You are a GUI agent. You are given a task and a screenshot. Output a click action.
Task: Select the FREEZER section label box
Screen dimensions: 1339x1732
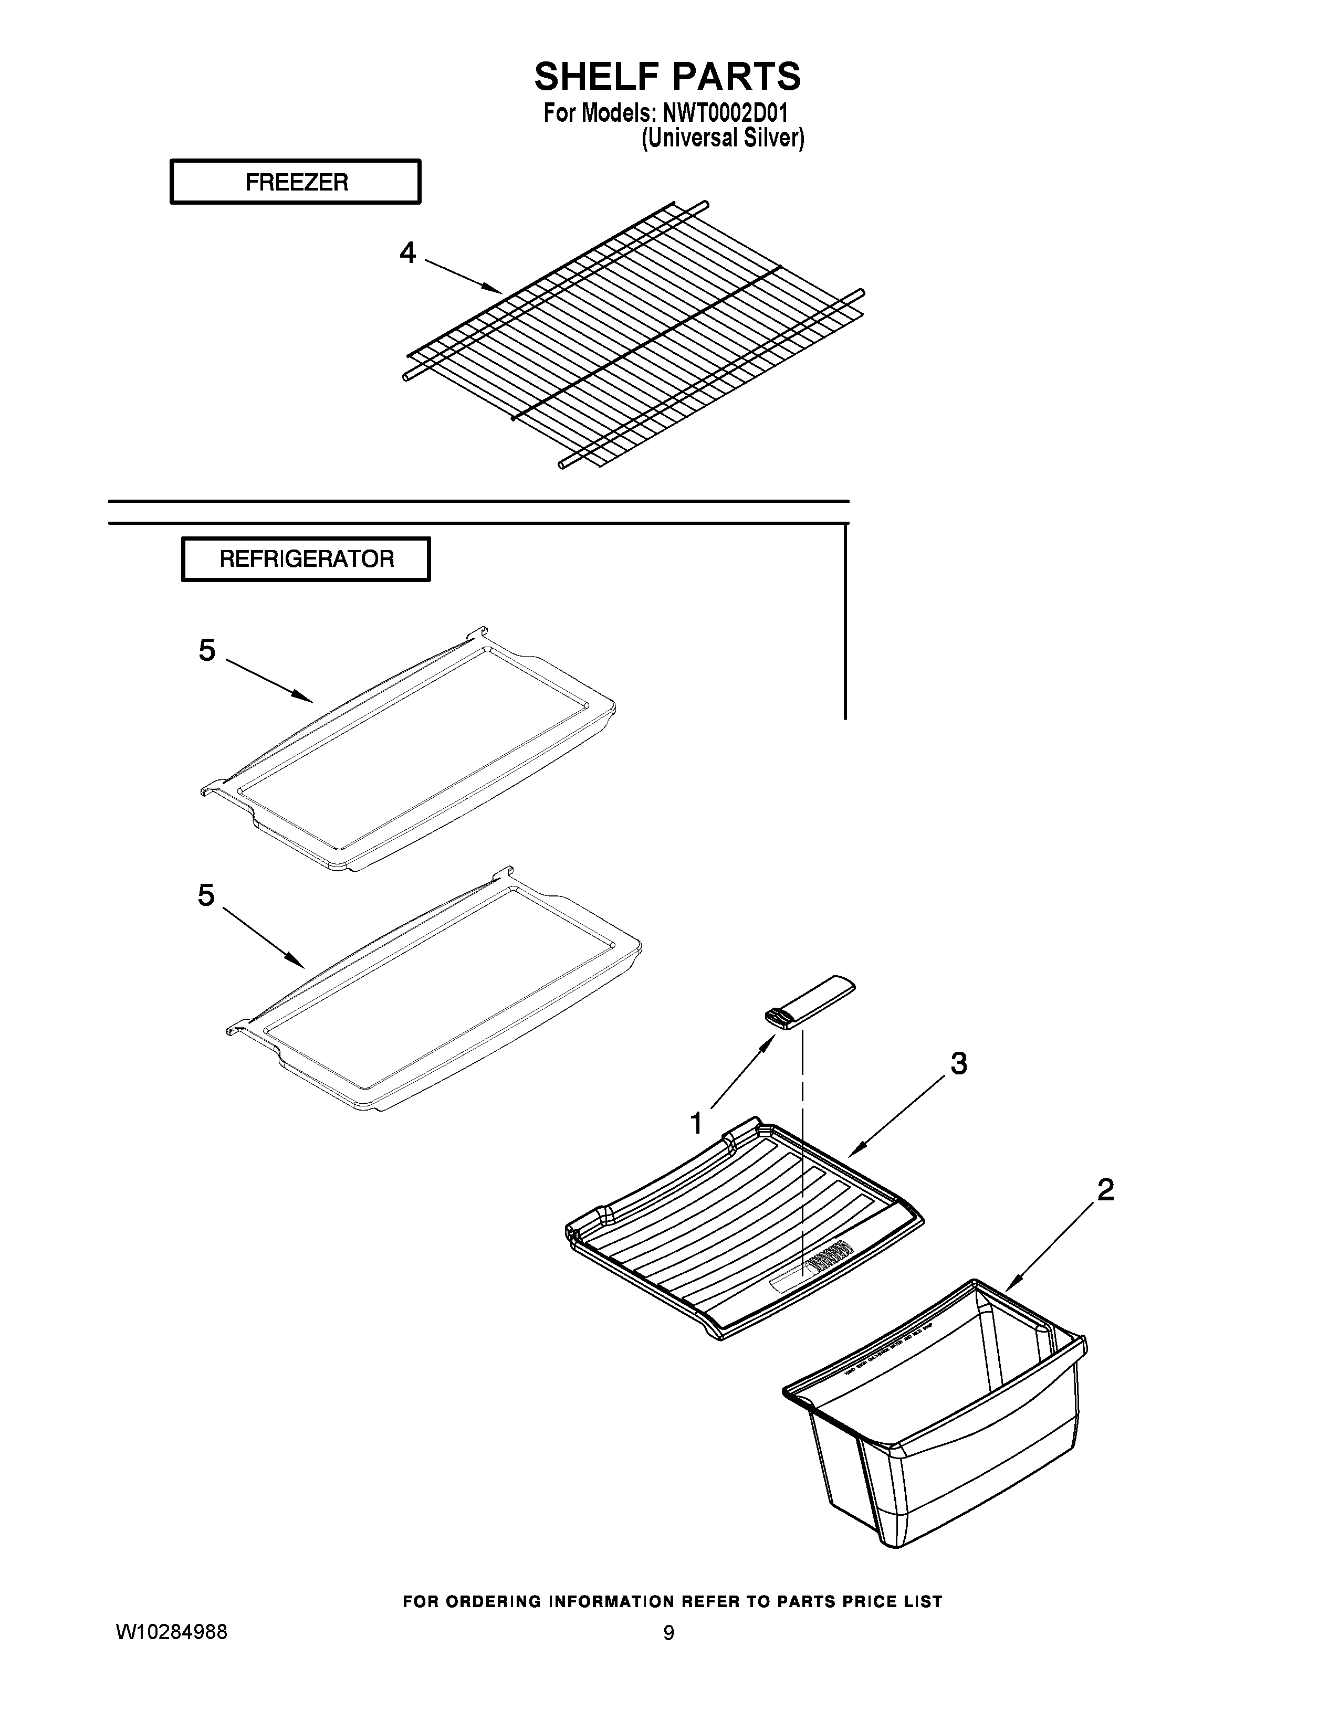[295, 183]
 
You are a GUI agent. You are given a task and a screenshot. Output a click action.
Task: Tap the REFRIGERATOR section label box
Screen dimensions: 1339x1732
[306, 559]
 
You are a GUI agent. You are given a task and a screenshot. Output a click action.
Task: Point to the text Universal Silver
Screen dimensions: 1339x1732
[722, 139]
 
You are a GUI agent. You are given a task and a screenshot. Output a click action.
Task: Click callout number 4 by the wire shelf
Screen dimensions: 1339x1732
[407, 253]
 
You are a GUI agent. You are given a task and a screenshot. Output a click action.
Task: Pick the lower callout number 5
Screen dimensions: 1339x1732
[206, 895]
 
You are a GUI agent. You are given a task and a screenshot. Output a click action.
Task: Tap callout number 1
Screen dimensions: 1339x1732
[696, 1123]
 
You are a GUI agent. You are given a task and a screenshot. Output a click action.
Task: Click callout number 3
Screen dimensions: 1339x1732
[958, 1063]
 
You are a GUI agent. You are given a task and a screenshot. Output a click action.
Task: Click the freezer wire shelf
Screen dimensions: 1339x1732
[635, 333]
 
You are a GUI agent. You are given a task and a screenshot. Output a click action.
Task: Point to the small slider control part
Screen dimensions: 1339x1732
[810, 1002]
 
